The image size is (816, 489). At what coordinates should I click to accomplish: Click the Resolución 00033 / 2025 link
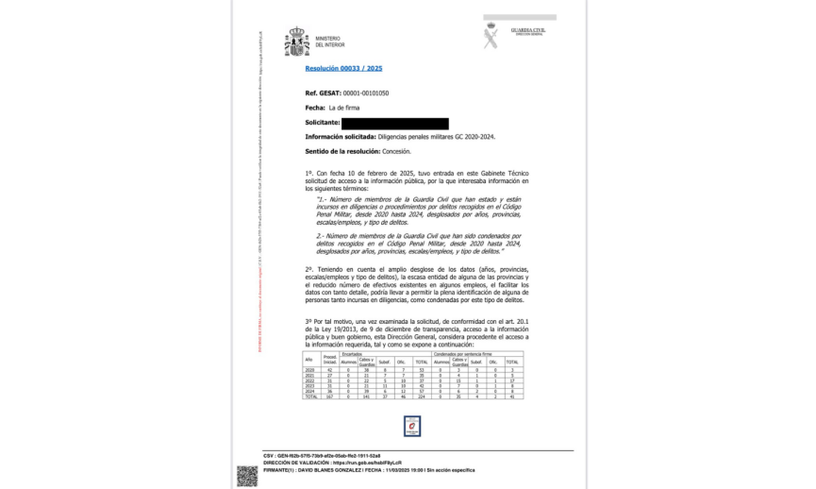click(x=343, y=69)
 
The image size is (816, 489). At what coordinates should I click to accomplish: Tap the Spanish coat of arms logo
click(x=297, y=42)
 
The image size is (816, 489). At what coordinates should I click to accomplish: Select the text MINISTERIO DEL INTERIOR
click(x=329, y=42)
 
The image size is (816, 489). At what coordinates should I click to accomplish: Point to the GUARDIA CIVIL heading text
click(x=527, y=29)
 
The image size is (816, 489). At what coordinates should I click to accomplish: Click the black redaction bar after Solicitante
click(x=394, y=124)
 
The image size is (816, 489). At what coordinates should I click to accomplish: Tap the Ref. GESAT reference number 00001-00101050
click(x=364, y=93)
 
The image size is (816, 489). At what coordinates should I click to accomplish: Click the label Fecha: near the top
click(x=315, y=109)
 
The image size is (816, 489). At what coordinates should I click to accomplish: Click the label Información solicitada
click(x=340, y=138)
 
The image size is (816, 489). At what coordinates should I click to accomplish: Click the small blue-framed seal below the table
click(x=410, y=428)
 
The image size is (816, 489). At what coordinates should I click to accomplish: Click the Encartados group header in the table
click(x=353, y=354)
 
